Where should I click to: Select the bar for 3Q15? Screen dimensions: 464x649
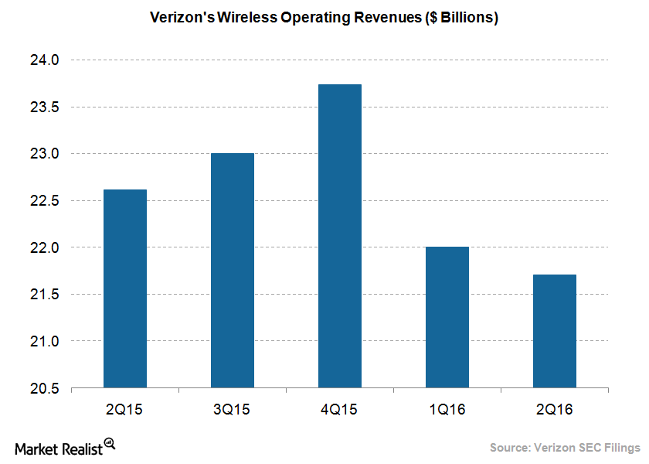click(x=232, y=271)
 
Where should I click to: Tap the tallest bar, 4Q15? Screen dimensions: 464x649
click(x=339, y=236)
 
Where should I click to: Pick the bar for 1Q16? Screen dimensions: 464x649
click(x=447, y=317)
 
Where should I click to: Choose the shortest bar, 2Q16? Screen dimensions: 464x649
click(x=554, y=331)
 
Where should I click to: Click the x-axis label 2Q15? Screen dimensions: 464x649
click(x=124, y=409)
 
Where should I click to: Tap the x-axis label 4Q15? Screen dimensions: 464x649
click(x=339, y=409)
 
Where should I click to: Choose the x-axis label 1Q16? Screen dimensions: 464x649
click(x=447, y=409)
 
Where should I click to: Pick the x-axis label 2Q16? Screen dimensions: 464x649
click(x=554, y=409)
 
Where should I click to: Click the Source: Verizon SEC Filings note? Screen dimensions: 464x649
click(x=565, y=448)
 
